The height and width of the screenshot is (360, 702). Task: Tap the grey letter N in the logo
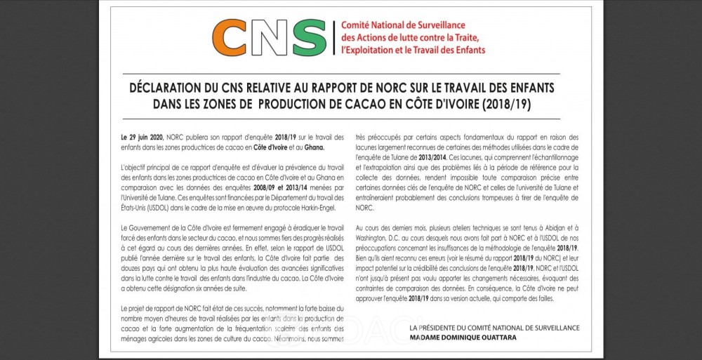click(270, 37)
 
